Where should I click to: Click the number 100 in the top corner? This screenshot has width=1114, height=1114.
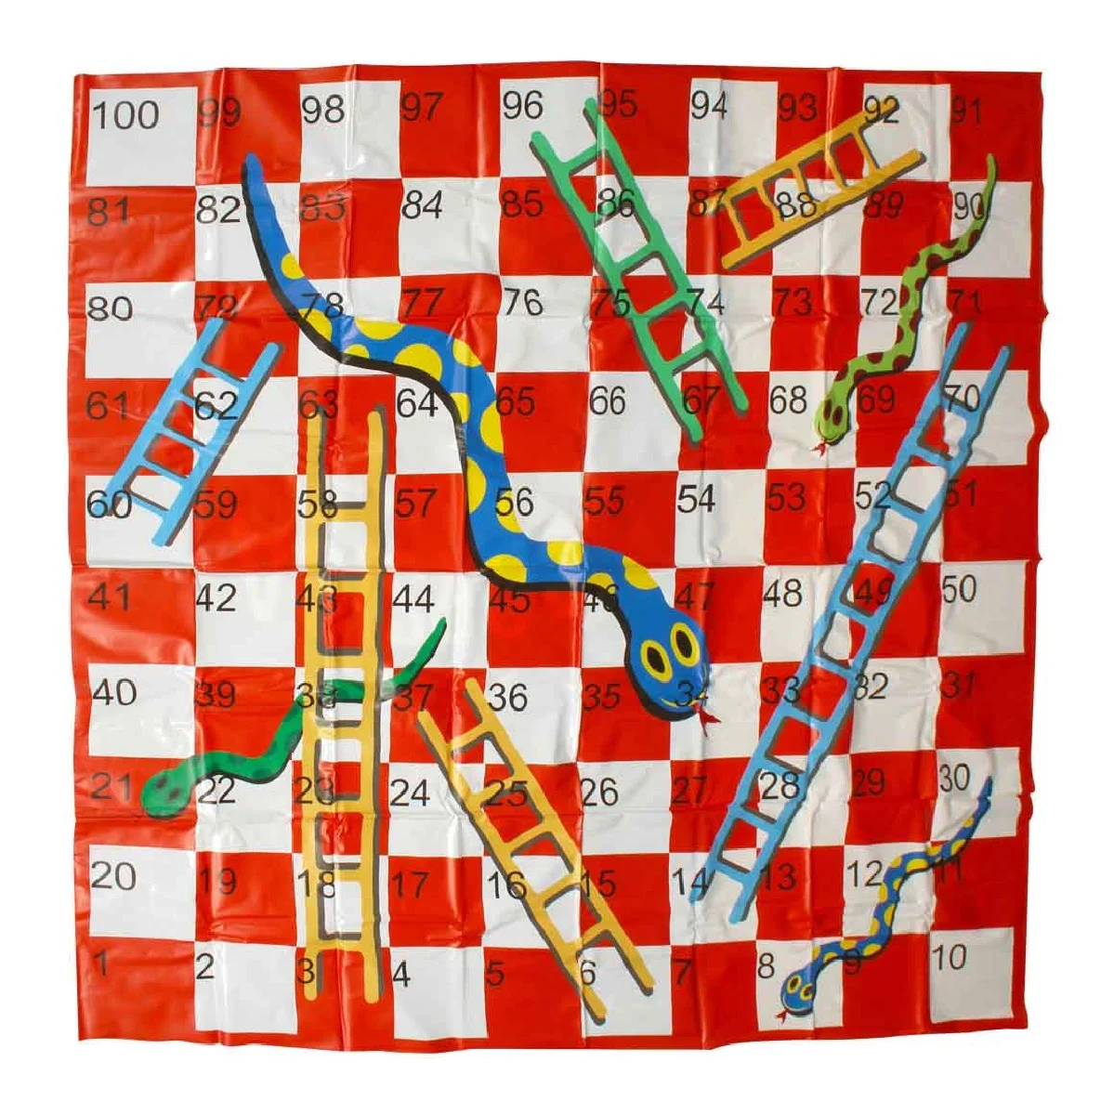pos(125,116)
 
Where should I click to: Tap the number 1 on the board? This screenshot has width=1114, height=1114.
pos(102,964)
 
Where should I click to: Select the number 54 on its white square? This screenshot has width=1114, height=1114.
pos(696,498)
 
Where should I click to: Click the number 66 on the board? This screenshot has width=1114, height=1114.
pos(608,401)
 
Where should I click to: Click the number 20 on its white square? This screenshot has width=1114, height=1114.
pos(113,875)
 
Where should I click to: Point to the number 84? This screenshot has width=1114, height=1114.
pos(422,205)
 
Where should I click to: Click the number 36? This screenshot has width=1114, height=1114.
pos(507,696)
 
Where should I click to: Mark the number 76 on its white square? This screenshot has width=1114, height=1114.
pos(521,302)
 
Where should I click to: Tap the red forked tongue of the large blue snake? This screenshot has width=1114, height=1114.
pos(707,720)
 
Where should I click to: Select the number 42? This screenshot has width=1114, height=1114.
pos(216,598)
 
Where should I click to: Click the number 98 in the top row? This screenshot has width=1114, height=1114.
pos(322,110)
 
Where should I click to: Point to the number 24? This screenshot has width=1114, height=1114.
pos(410,793)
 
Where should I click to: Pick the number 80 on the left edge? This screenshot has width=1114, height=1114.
pos(110,308)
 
